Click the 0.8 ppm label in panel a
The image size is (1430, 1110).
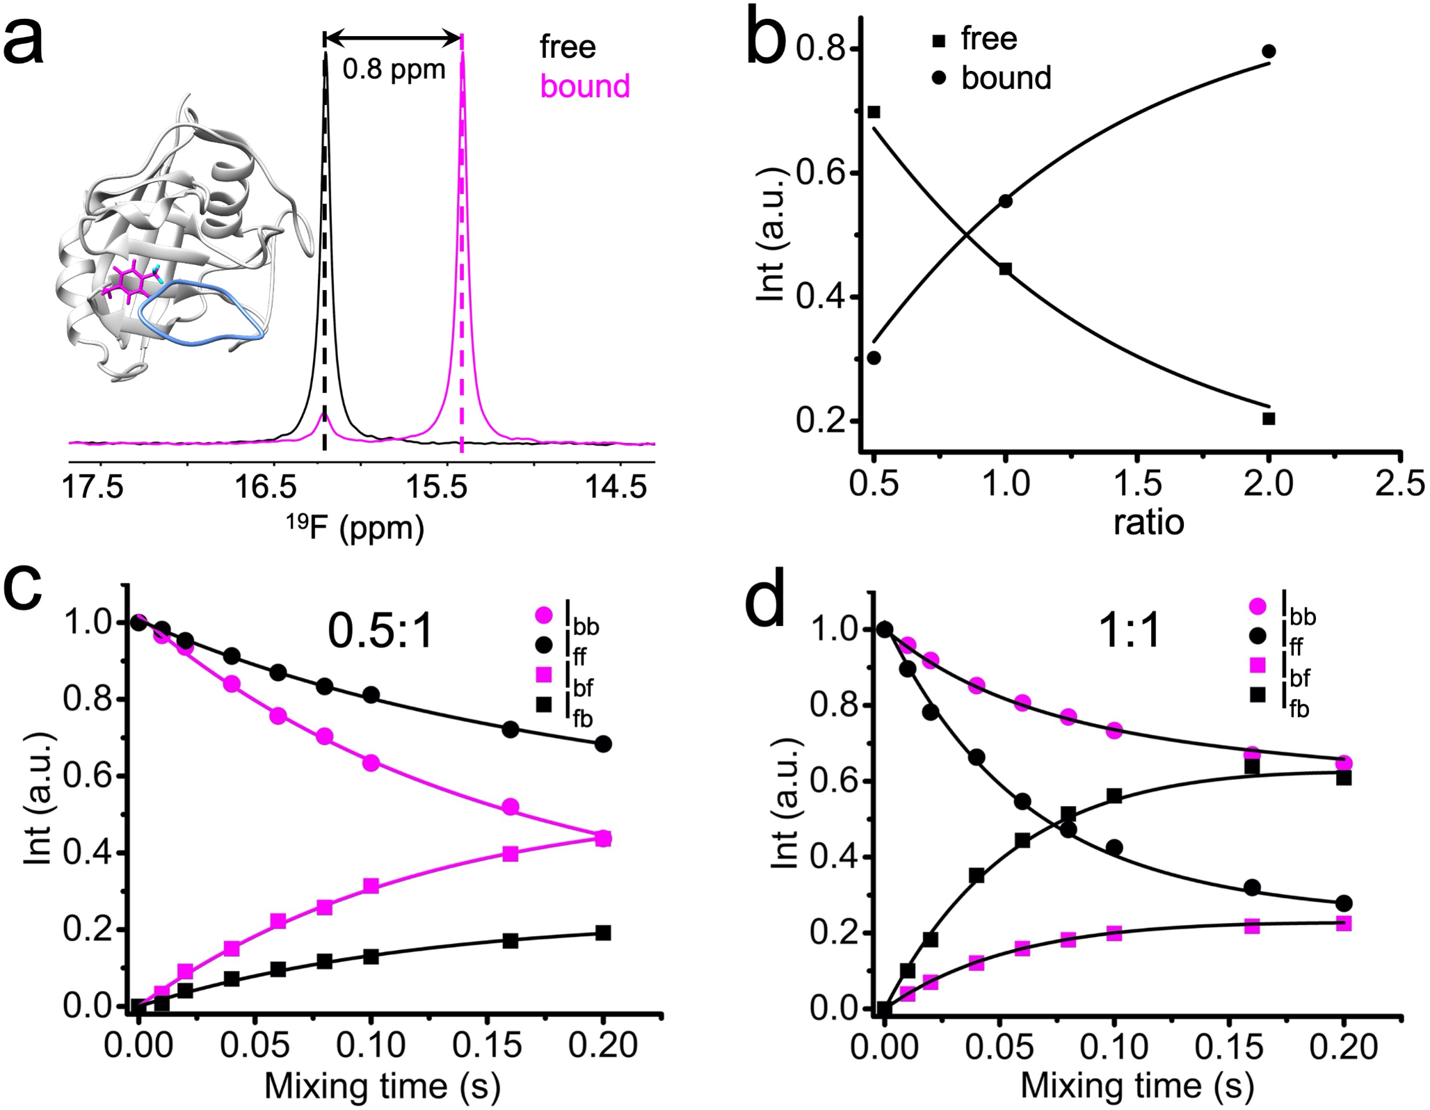point(394,70)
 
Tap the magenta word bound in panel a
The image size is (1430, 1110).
point(585,87)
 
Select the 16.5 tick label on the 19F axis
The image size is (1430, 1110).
point(266,486)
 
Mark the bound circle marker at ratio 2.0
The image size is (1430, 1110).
point(1269,51)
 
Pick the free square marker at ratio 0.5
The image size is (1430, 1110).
point(874,112)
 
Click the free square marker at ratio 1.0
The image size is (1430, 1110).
point(1005,268)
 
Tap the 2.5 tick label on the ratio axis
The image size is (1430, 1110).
point(1399,483)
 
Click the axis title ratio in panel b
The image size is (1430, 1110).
point(1148,522)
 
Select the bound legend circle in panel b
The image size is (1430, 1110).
point(939,79)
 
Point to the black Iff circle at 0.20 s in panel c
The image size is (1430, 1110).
point(603,744)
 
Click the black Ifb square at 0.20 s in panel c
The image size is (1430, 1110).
point(603,933)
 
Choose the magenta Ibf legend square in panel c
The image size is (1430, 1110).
point(544,674)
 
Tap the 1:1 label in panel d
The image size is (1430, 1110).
point(1130,632)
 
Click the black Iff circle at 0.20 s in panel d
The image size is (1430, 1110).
point(1344,903)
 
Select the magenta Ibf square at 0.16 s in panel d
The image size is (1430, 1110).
point(1252,926)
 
